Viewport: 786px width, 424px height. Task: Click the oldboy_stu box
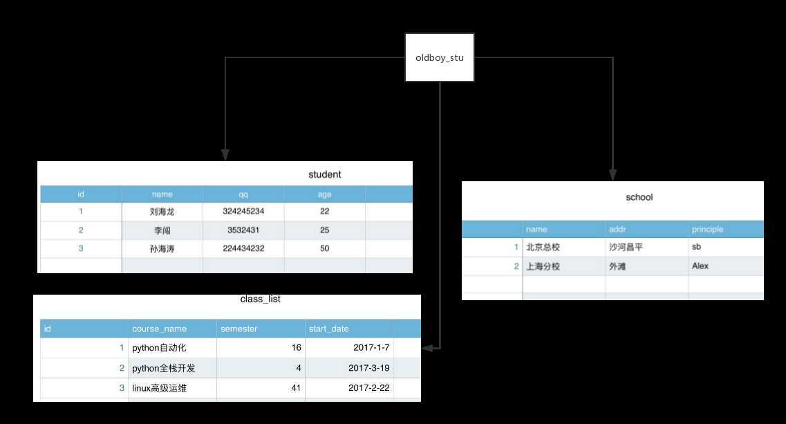[440, 57]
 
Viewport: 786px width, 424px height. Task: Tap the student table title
[325, 174]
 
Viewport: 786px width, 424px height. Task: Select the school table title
[639, 197]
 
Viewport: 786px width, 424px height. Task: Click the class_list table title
[260, 299]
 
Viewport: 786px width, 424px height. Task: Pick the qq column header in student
[243, 194]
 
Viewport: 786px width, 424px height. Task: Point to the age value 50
[325, 248]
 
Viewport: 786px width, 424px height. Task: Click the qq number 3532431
[243, 230]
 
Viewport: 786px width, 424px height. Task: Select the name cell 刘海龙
[162, 211]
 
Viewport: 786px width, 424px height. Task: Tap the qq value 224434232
[243, 248]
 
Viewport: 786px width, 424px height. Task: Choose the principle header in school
[707, 230]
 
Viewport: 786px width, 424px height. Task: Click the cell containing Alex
[700, 266]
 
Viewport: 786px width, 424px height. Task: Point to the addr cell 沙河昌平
[626, 247]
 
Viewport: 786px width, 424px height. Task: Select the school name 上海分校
[543, 266]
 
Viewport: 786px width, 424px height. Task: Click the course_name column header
[160, 329]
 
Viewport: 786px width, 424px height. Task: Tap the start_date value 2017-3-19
[369, 368]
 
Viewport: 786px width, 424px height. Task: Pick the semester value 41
[297, 388]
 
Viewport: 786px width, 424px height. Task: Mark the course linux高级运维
[160, 388]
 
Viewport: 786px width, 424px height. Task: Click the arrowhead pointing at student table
[225, 154]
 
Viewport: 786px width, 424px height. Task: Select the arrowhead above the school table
[612, 174]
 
